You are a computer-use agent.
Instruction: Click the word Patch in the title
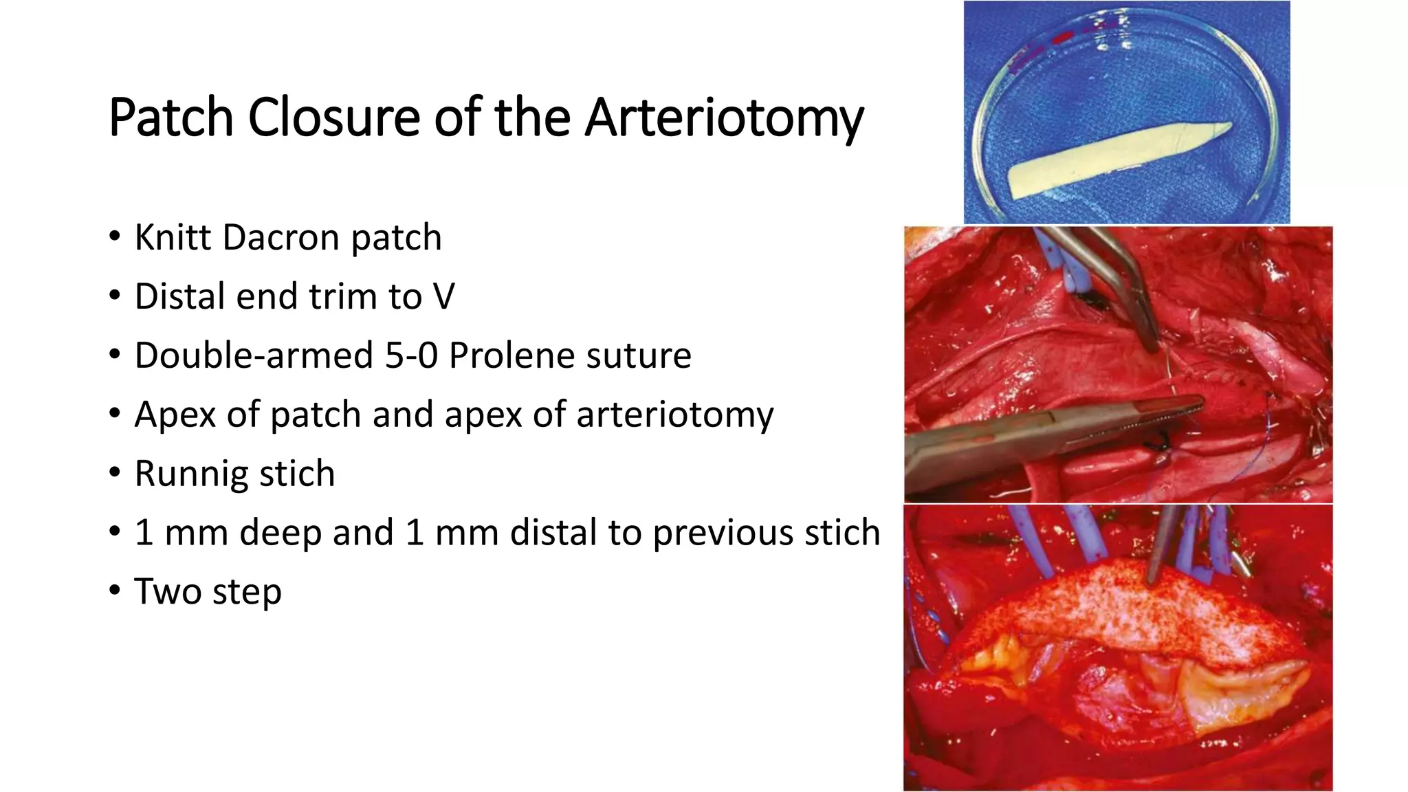point(170,117)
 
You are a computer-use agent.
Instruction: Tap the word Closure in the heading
point(333,117)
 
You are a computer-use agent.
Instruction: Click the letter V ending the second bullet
point(443,297)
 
